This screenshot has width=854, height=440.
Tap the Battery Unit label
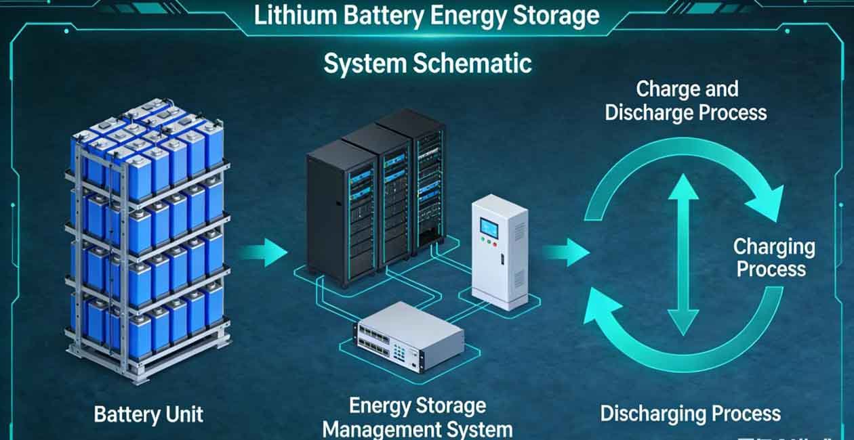(148, 414)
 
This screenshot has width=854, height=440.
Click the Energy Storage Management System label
(418, 418)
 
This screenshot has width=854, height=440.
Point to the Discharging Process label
(690, 413)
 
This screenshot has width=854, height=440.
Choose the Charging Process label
(773, 258)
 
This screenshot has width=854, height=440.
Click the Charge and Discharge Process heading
(686, 101)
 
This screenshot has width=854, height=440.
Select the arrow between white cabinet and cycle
(565, 252)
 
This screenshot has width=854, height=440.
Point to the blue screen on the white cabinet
(488, 227)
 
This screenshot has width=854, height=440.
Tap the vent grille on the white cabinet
(518, 278)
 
